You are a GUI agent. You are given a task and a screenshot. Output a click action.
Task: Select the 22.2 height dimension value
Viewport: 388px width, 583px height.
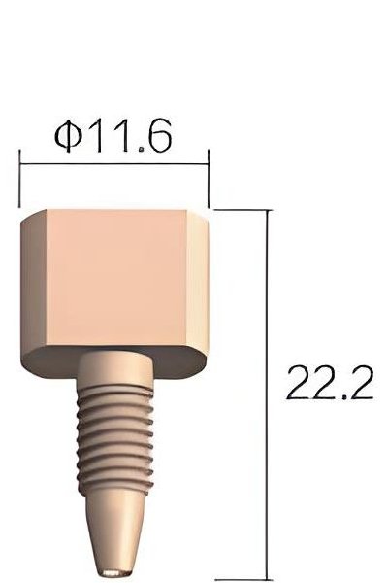click(330, 384)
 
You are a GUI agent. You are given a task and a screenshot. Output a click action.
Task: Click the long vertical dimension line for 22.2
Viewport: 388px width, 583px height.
click(267, 389)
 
